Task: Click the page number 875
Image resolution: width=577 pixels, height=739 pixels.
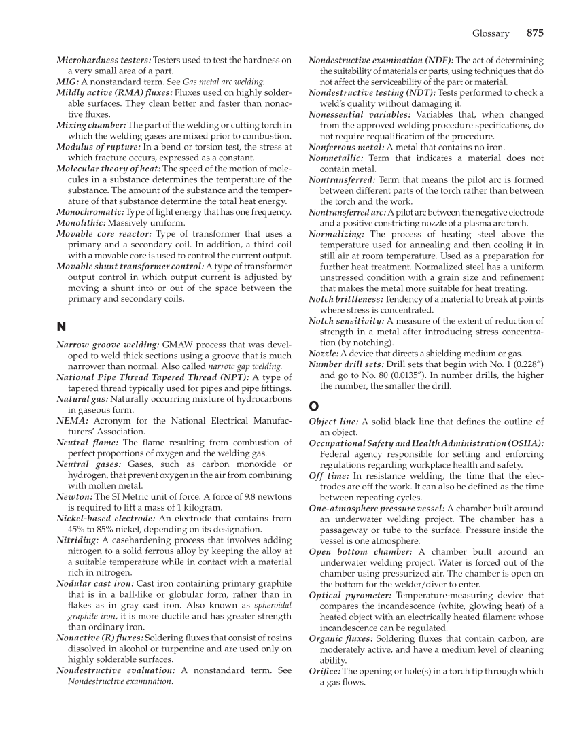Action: pos(534,33)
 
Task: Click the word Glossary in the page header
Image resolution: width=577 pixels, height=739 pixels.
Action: pos(490,33)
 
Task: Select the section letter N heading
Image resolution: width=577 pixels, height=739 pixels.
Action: pos(60,327)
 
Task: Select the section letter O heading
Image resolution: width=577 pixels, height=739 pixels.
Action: pos(313,406)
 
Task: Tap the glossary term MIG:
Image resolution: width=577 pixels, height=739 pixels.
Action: pos(67,82)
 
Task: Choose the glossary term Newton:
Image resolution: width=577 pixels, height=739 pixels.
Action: pos(74,496)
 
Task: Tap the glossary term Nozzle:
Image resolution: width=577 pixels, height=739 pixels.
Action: pos(324,354)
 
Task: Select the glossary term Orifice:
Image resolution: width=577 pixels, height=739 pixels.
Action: pos(324,671)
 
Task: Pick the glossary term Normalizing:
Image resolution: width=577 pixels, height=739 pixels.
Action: pos(336,234)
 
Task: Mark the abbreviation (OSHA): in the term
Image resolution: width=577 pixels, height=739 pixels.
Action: pos(524,443)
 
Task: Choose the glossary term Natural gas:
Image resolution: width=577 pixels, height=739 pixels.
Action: pos(82,399)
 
